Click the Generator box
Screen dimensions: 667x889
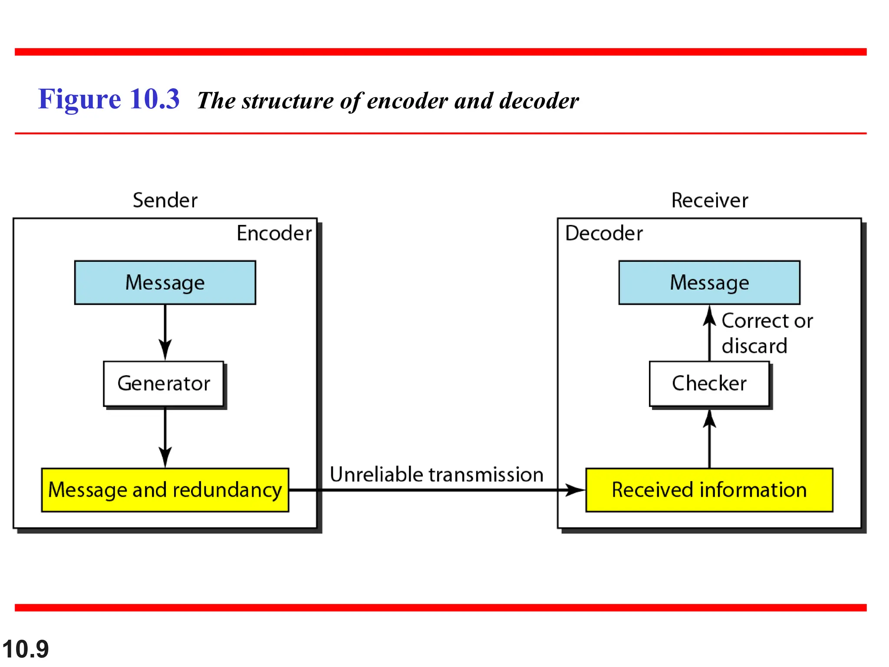click(x=164, y=383)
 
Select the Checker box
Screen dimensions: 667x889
click(x=709, y=383)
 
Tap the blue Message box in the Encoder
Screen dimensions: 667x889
click(x=165, y=282)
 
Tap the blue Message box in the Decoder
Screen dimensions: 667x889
click(x=709, y=282)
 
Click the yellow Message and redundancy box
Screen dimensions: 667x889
click(x=165, y=490)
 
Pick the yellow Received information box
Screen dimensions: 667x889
click(x=709, y=490)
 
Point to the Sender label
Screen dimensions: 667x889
click(x=165, y=200)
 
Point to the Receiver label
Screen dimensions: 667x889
click(x=710, y=200)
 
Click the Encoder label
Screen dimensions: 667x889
click(x=274, y=233)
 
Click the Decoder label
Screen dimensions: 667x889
click(x=604, y=233)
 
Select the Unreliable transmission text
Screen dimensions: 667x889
click(x=436, y=474)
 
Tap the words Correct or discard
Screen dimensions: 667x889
click(x=766, y=333)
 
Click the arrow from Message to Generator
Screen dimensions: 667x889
click(x=165, y=332)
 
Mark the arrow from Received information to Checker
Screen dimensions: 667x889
click(x=709, y=439)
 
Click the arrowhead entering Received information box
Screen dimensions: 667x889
click(x=575, y=490)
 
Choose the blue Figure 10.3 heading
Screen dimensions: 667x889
click(x=109, y=99)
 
